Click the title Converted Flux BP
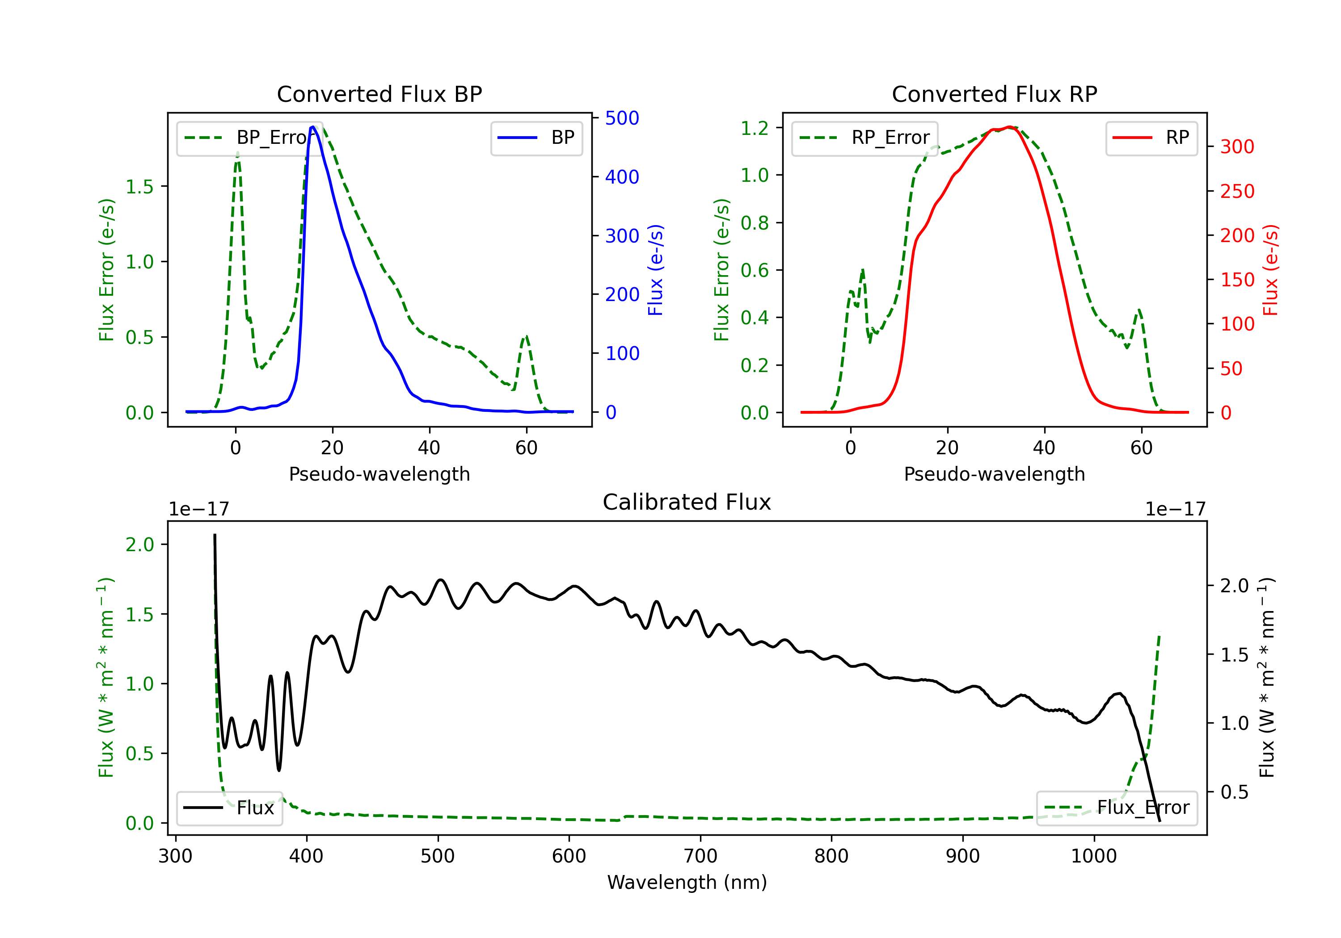(x=380, y=94)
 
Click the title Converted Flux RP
(x=995, y=94)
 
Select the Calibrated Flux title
(x=687, y=502)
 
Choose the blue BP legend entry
(x=536, y=138)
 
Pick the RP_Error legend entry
(x=864, y=138)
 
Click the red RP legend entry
(x=1151, y=138)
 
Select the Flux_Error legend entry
(x=1117, y=808)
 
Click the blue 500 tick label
(x=622, y=118)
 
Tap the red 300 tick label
(x=1237, y=147)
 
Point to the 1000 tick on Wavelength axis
(x=1093, y=856)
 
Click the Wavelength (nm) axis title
(x=687, y=882)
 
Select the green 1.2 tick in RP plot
(x=755, y=128)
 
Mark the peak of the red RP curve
(x=1009, y=127)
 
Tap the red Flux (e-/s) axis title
(x=1270, y=270)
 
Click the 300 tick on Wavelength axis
(x=175, y=856)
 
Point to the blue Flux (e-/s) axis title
(x=655, y=270)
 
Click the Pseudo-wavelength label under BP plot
(x=380, y=474)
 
